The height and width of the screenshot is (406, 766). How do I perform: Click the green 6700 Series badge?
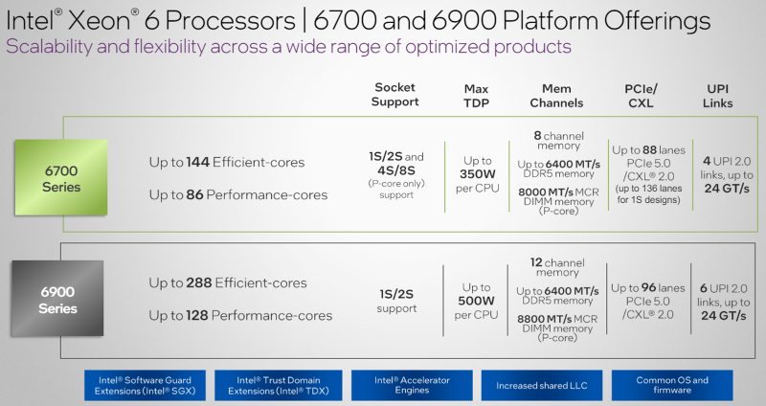(x=60, y=176)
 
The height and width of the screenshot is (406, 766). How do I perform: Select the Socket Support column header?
(x=394, y=95)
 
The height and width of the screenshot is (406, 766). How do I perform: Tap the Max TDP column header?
(x=476, y=95)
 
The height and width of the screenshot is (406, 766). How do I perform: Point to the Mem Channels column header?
(x=556, y=95)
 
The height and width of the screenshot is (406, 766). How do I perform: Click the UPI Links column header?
(x=717, y=95)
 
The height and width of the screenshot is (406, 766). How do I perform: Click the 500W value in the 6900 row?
(x=476, y=299)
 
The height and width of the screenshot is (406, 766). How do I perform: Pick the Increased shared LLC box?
(x=541, y=386)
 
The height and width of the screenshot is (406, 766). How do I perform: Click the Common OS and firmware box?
(x=672, y=386)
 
